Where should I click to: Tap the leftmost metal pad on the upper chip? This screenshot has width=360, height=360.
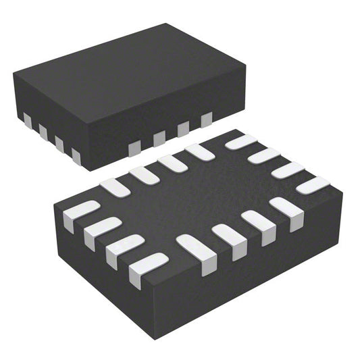[x=27, y=120]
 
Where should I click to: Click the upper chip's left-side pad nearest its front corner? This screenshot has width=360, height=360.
[x=76, y=156]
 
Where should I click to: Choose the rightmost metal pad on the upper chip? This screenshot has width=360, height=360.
[x=206, y=120]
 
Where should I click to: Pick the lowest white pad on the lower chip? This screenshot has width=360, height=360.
[x=147, y=268]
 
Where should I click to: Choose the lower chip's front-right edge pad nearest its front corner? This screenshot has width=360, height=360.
[x=197, y=251]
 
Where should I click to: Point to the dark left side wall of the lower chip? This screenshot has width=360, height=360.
[x=101, y=270]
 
